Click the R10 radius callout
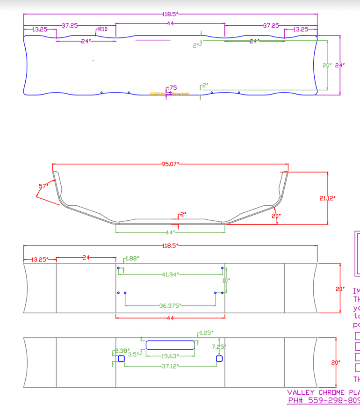coord(103,29)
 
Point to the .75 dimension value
coord(173,87)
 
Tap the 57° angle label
coord(43,186)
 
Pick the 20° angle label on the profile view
coord(275,216)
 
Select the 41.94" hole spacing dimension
coord(170,275)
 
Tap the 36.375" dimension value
coord(170,306)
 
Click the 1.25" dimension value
coord(206,333)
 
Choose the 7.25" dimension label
coord(218,347)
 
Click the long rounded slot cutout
coord(170,345)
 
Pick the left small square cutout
coord(121,359)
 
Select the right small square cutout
coord(219,359)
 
